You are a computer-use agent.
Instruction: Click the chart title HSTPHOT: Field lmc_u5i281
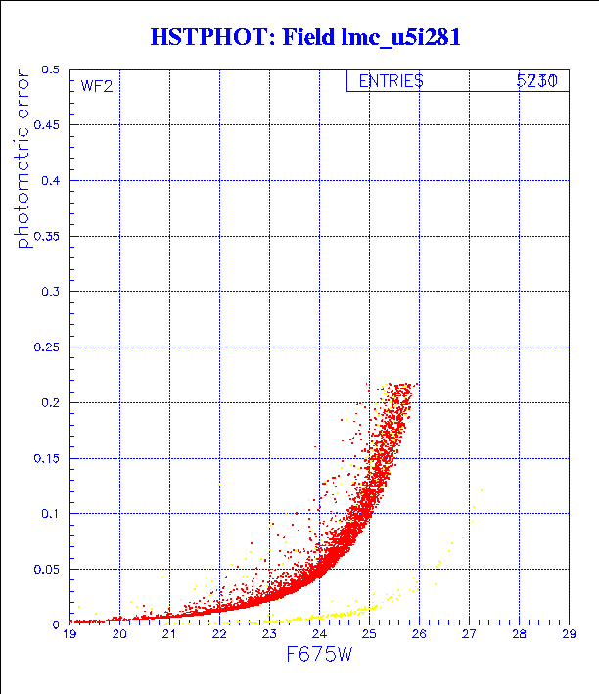(305, 38)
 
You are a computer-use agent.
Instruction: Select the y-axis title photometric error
(23, 161)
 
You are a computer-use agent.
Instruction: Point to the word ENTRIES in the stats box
(391, 82)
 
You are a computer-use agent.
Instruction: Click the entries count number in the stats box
(537, 82)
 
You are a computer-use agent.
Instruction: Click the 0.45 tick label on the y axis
(47, 125)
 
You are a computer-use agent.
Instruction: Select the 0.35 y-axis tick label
(47, 236)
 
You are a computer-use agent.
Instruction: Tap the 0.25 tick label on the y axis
(47, 347)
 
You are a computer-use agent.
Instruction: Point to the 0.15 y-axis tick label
(47, 458)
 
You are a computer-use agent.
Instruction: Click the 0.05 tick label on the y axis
(47, 569)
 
